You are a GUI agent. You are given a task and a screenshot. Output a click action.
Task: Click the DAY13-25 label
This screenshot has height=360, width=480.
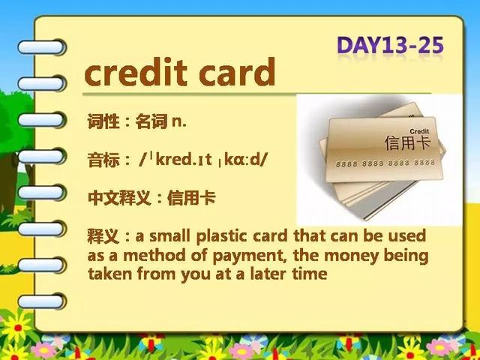390,45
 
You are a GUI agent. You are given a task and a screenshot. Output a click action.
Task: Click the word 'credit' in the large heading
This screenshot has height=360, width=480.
136,72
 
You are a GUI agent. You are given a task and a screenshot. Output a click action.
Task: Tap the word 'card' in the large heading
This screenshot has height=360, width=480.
237,72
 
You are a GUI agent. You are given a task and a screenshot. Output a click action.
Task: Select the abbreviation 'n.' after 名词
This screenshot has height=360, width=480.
179,121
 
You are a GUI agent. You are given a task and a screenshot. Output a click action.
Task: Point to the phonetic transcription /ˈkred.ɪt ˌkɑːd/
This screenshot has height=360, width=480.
203,160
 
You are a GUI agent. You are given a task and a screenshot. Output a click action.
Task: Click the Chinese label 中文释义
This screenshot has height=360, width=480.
119,198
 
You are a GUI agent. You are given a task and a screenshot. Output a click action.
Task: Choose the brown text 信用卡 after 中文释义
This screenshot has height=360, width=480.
191,198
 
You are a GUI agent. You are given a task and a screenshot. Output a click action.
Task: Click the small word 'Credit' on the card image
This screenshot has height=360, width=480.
419,131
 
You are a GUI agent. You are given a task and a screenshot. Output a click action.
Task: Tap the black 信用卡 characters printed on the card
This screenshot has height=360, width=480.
407,142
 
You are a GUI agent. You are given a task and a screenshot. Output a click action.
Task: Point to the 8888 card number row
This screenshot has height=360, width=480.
385,163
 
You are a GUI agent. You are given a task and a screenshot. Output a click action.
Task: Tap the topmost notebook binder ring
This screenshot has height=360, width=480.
42,47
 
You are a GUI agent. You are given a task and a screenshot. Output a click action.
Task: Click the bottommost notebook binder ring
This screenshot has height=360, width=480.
42,301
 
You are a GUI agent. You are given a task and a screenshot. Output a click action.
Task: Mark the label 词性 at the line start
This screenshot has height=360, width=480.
103,121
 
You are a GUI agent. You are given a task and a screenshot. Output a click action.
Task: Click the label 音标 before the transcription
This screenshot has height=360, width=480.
103,160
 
